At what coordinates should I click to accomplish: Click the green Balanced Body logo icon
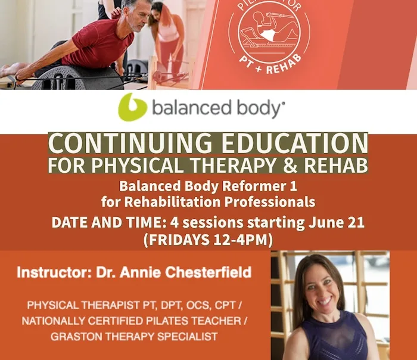tap(132, 107)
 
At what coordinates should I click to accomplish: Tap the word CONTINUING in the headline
tap(130, 143)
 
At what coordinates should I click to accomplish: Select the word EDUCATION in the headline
tap(294, 143)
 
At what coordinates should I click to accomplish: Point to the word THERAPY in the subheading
tap(233, 165)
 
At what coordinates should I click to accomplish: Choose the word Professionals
tap(270, 202)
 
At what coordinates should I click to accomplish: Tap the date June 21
tap(337, 222)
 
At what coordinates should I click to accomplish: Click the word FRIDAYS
tap(179, 240)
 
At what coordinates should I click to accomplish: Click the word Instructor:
tap(52, 272)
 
